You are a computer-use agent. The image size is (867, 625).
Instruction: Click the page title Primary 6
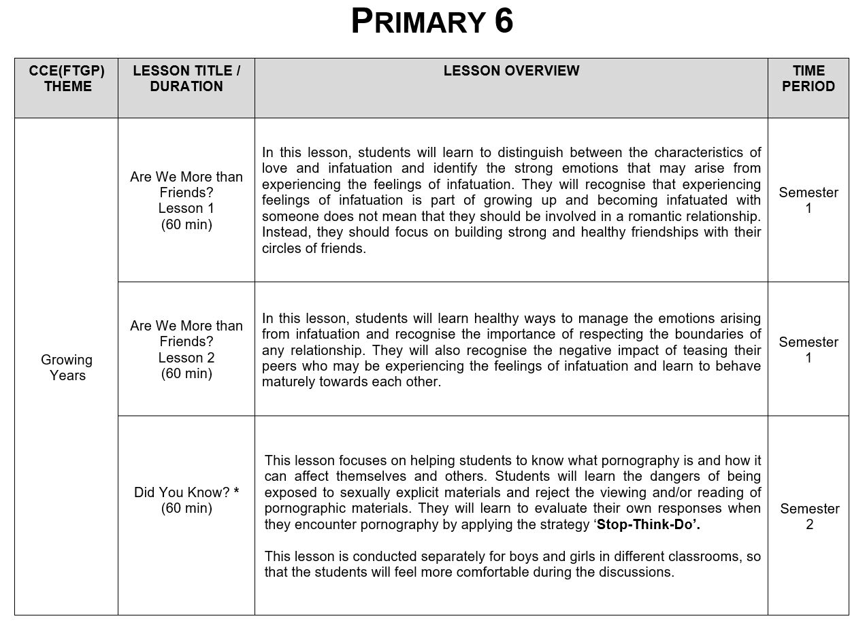point(432,22)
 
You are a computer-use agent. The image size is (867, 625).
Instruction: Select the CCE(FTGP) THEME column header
point(67,79)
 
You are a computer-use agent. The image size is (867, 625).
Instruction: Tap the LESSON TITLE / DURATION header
point(186,79)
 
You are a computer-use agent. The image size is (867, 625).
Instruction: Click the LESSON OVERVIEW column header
point(511,71)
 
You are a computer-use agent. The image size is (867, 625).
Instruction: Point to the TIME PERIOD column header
point(808,79)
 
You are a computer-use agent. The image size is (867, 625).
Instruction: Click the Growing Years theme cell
point(67,367)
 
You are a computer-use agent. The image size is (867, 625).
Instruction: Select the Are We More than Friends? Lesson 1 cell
point(186,201)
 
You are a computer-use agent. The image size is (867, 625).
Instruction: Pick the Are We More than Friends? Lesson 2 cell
point(186,350)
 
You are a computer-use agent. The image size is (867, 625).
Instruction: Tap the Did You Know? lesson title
point(182,492)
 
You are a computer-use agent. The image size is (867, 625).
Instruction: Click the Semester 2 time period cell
point(809,516)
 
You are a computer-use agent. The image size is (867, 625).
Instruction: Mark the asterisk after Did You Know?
point(236,492)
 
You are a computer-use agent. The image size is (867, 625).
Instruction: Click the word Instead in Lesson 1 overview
point(284,232)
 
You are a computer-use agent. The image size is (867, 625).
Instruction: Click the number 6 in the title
point(504,22)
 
